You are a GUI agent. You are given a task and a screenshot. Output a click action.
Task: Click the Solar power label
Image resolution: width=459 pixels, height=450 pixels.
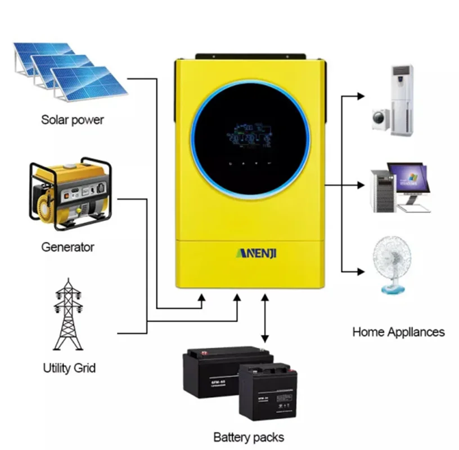pyautogui.click(x=73, y=120)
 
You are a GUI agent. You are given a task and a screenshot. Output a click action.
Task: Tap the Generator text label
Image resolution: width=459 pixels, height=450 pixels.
pyautogui.click(x=67, y=247)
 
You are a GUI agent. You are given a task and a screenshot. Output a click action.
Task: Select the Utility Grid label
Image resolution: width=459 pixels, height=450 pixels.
pyautogui.click(x=69, y=368)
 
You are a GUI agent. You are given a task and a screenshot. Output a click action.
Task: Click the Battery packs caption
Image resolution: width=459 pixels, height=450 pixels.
pyautogui.click(x=249, y=436)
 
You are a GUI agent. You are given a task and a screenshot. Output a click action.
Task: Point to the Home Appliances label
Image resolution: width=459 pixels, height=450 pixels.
pyautogui.click(x=398, y=332)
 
